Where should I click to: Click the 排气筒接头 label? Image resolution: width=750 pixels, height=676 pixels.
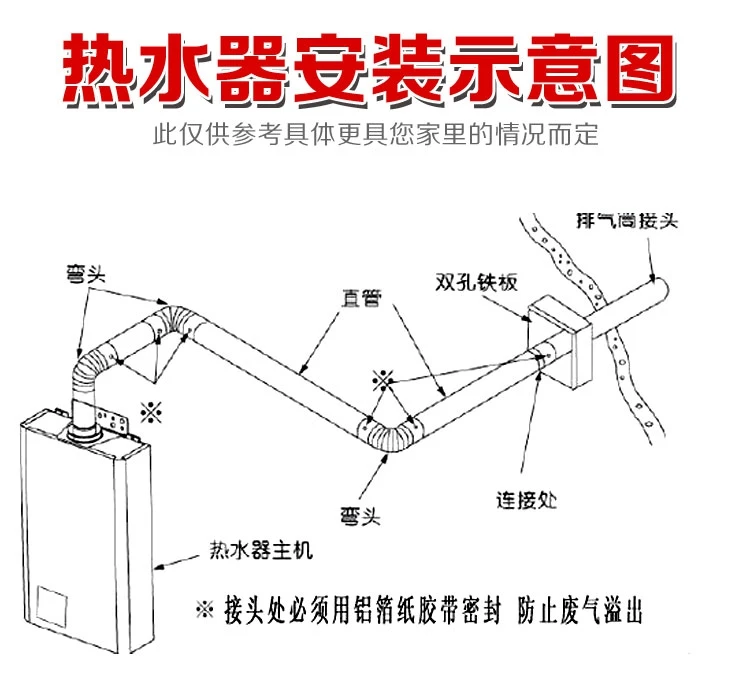coord(627,219)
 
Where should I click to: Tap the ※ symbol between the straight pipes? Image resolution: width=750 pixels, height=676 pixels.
coord(381,380)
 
